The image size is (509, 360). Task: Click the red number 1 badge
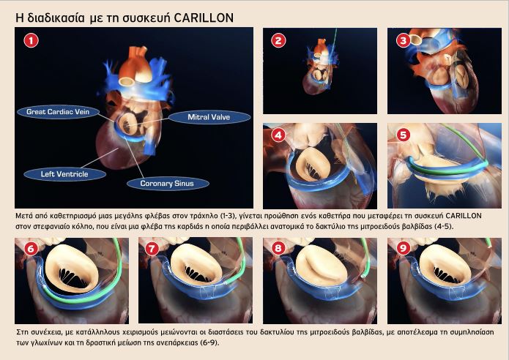click(x=31, y=40)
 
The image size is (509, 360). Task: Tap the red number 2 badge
click(x=278, y=40)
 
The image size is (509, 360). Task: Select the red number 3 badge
click(x=404, y=40)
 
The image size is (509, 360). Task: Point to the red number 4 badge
click(x=278, y=135)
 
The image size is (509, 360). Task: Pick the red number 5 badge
click(x=404, y=135)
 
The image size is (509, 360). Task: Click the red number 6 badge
click(x=31, y=249)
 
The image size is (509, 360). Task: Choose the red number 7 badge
click(x=152, y=249)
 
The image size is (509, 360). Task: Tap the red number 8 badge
click(x=278, y=249)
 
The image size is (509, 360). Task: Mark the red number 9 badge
click(x=404, y=249)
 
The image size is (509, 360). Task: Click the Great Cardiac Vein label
click(x=58, y=112)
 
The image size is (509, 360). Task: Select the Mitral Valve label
click(x=209, y=117)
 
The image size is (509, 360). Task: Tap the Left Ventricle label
click(x=64, y=174)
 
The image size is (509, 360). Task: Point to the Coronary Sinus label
click(x=167, y=184)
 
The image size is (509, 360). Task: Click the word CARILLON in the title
click(x=204, y=18)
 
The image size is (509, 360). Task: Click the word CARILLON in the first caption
click(x=464, y=216)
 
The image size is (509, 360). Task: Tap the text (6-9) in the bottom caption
click(x=209, y=343)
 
